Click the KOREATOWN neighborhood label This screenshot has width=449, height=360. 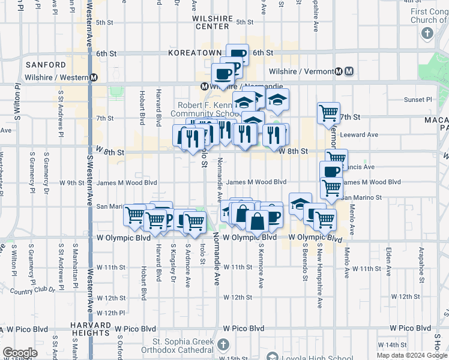click(195, 53)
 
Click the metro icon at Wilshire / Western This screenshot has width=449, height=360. click(94, 78)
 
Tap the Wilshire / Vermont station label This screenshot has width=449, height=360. click(301, 71)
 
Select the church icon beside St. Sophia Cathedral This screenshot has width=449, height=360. click(223, 344)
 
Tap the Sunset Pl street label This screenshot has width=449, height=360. click(418, 100)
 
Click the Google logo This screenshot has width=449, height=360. click(20, 353)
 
